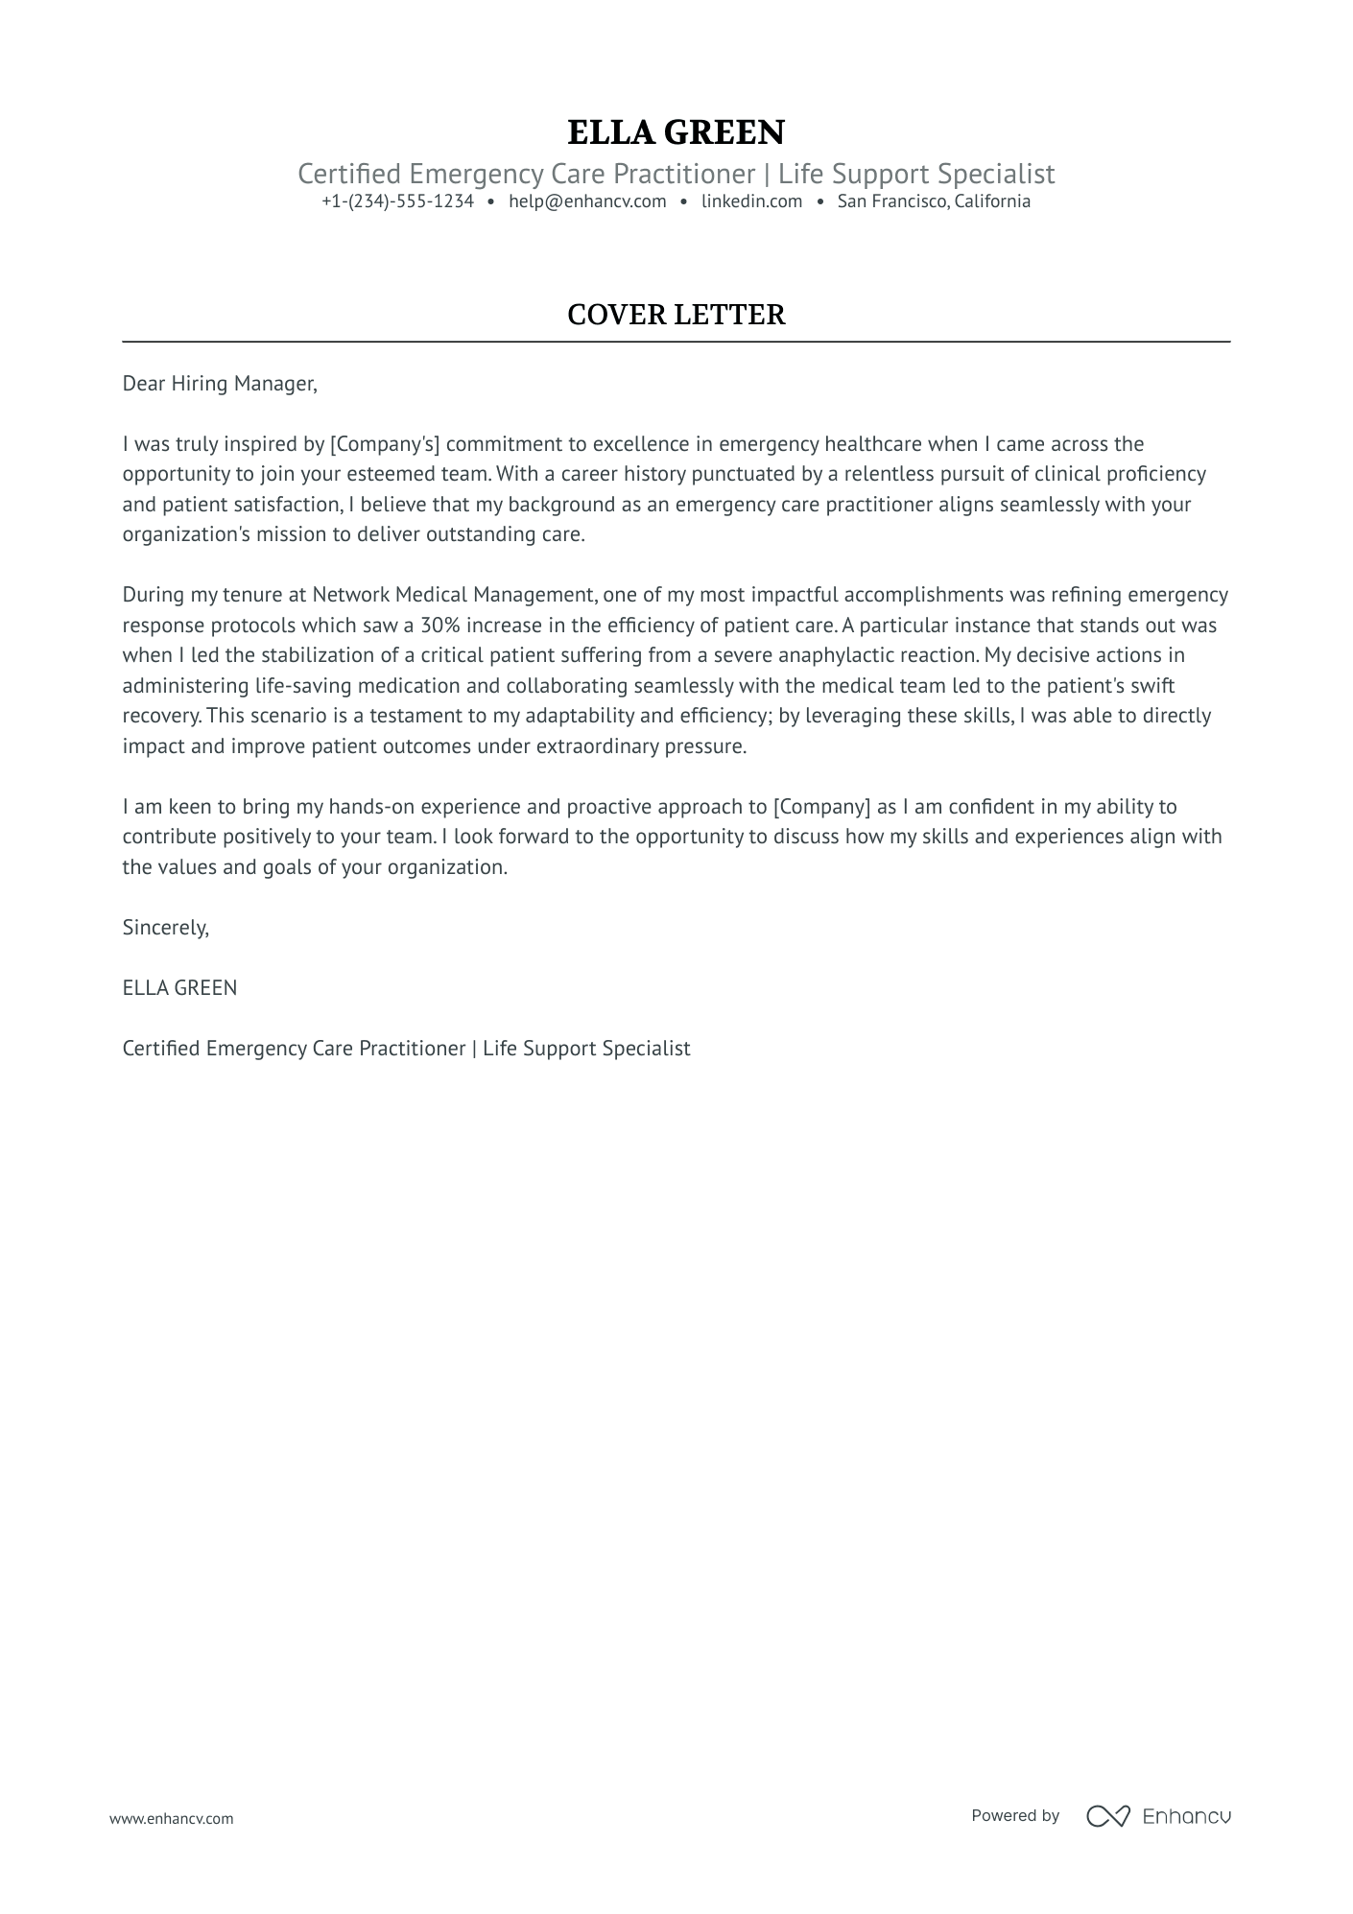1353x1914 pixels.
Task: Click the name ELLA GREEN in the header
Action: click(x=676, y=132)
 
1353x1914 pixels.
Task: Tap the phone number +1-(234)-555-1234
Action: click(x=397, y=201)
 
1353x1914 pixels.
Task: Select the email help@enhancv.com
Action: click(x=587, y=201)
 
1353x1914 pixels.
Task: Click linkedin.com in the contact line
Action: click(x=751, y=201)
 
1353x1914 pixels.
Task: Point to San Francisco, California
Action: click(x=934, y=201)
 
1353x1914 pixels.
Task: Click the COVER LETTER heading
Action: click(x=676, y=315)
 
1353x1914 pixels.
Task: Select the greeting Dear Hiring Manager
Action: click(x=219, y=384)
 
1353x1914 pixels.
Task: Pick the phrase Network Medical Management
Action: click(x=455, y=595)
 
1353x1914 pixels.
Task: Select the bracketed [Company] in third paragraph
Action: click(x=820, y=807)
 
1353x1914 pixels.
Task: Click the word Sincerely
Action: click(x=165, y=928)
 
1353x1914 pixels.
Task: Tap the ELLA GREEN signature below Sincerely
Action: click(x=179, y=988)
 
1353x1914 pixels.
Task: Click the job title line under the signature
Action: click(x=406, y=1049)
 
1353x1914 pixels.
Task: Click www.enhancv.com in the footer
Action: click(x=171, y=1818)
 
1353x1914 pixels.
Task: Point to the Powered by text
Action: click(x=1014, y=1815)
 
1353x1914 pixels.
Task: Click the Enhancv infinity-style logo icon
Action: click(x=1107, y=1816)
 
